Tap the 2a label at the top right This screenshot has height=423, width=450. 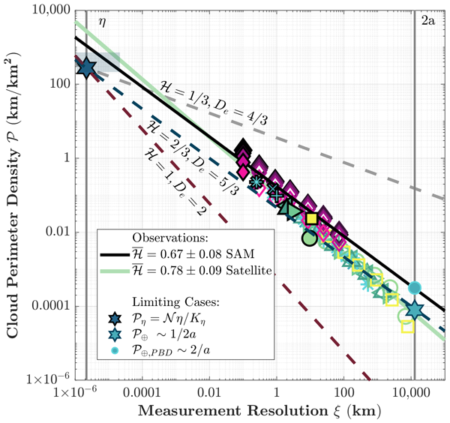(428, 22)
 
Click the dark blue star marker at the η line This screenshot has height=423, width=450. (86, 67)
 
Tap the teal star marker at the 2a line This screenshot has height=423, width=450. (415, 310)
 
